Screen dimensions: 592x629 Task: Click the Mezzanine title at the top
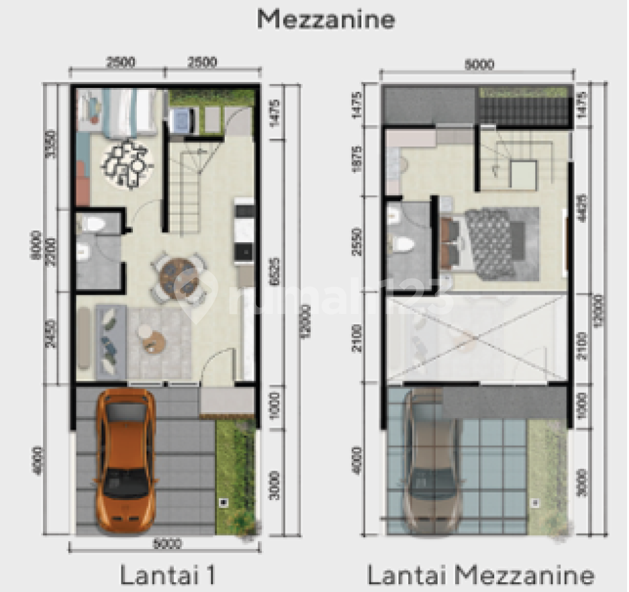click(x=325, y=19)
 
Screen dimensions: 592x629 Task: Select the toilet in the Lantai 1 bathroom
click(x=94, y=223)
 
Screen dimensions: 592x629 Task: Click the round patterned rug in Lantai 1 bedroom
click(x=127, y=164)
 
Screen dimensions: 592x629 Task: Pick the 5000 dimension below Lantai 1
click(x=168, y=544)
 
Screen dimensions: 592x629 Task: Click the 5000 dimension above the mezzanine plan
click(x=479, y=64)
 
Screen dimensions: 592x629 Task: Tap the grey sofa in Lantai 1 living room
click(x=110, y=341)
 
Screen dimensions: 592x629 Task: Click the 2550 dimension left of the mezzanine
click(x=358, y=241)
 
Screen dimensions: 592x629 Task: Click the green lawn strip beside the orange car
click(x=235, y=475)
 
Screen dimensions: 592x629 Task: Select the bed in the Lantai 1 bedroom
click(x=129, y=110)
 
